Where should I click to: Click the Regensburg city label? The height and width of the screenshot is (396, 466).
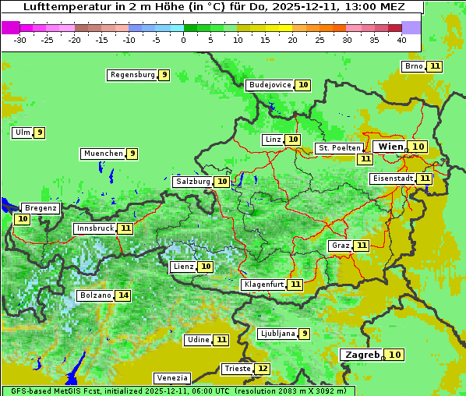click(x=132, y=75)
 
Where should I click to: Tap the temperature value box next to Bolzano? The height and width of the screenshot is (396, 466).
click(x=123, y=295)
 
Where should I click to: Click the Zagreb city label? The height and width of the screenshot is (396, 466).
click(x=361, y=355)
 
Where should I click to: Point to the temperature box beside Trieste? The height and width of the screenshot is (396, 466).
click(x=263, y=369)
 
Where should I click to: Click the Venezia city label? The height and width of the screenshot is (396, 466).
click(x=171, y=378)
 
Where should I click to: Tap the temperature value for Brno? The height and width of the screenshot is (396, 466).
click(x=434, y=66)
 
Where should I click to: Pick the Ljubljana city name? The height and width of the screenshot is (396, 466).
click(x=277, y=334)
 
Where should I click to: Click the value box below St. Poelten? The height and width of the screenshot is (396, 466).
click(x=364, y=158)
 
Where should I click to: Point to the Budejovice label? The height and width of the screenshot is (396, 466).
click(x=270, y=85)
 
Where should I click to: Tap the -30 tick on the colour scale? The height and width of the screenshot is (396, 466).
click(x=20, y=40)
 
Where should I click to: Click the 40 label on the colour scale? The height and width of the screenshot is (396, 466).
click(x=401, y=40)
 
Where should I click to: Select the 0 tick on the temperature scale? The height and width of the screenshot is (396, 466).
click(x=183, y=40)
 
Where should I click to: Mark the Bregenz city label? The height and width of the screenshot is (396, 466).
click(x=41, y=208)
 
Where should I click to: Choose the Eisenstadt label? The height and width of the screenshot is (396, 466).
click(x=392, y=179)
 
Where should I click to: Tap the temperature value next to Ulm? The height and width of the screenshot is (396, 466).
click(x=39, y=133)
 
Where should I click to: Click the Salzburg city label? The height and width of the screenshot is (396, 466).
click(x=192, y=182)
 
